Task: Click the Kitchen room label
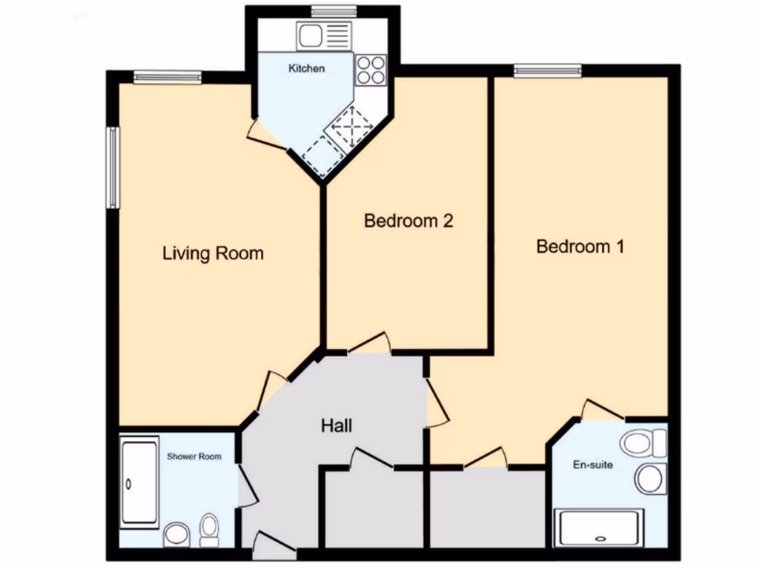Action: (x=306, y=69)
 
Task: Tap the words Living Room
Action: (x=213, y=253)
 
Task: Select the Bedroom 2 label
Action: (x=408, y=221)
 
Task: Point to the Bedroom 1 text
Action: (x=580, y=247)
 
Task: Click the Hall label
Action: (x=336, y=426)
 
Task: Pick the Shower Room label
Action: (x=193, y=456)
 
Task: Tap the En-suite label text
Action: (x=593, y=465)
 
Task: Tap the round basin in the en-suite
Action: (x=650, y=478)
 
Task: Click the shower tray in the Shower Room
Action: (x=139, y=482)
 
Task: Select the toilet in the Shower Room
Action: (x=210, y=528)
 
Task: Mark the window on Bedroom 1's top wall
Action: (x=548, y=71)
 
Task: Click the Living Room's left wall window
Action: (x=111, y=167)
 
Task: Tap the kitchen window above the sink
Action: (x=324, y=10)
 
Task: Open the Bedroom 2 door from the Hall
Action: (x=368, y=343)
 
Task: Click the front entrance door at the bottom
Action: (x=274, y=548)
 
